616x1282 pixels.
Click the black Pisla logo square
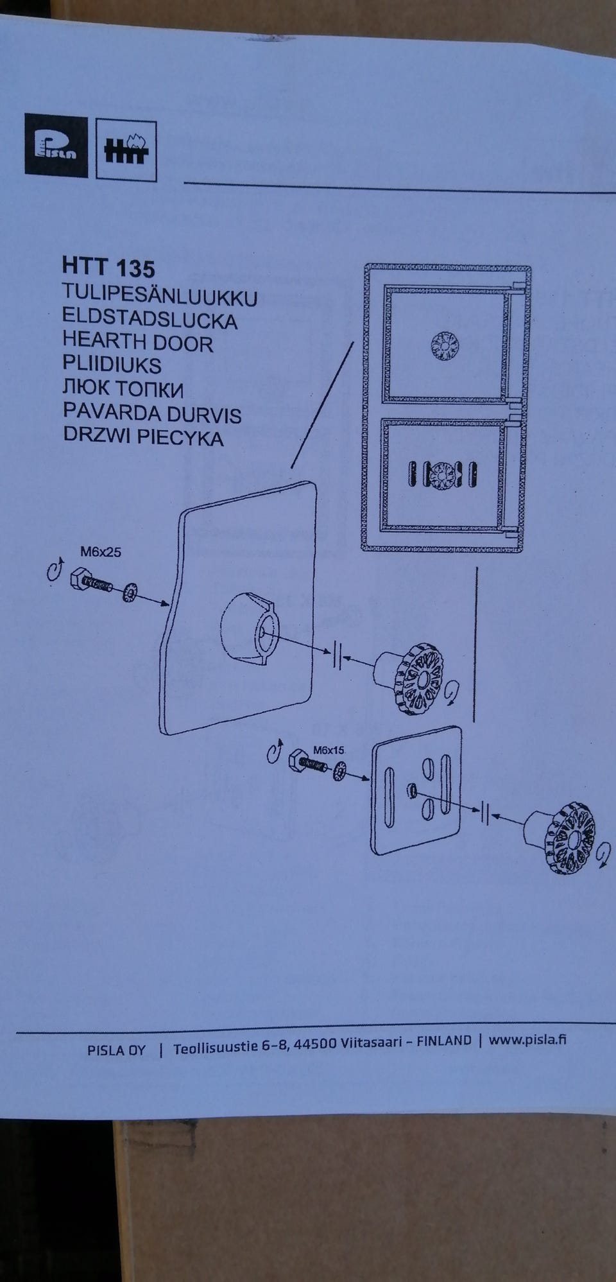pos(56,145)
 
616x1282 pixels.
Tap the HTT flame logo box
pos(126,149)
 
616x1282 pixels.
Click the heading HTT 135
pos(108,266)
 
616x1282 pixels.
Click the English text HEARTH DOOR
pos(137,342)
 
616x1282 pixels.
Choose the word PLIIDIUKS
pos(112,365)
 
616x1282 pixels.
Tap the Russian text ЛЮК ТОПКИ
pos(123,389)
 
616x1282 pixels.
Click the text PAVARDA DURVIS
pos(151,413)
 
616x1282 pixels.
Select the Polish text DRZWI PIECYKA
pos(143,437)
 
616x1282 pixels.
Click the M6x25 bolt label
pos(100,551)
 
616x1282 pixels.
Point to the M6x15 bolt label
pos(329,749)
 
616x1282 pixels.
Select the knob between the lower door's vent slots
pos(442,476)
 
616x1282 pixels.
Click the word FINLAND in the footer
pos(443,1041)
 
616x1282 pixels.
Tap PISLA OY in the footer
pos(116,1051)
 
